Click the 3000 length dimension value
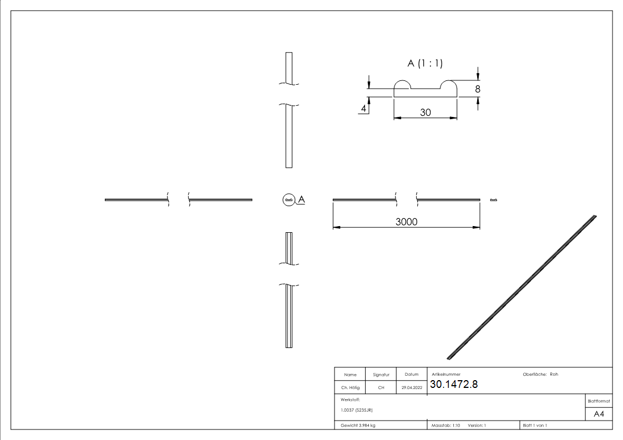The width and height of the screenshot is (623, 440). coord(406,222)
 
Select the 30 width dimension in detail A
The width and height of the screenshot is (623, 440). coord(426,112)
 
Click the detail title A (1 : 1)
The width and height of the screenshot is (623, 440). coord(425,63)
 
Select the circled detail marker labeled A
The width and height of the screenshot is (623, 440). coord(288,199)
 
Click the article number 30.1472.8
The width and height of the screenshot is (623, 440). coord(453,385)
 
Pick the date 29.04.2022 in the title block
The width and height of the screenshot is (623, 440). coord(412,388)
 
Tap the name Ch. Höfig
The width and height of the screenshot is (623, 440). coord(350,388)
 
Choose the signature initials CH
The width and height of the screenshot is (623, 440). coord(381,388)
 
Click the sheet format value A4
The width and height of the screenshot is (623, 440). coord(599,413)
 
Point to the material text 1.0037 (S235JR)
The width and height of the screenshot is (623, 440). coord(356,410)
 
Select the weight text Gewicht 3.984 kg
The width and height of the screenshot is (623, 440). coord(358,425)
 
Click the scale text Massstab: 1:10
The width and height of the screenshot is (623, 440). coord(446,425)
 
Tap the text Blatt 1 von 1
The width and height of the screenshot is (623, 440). coord(535,425)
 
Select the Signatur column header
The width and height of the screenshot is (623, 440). coord(381,375)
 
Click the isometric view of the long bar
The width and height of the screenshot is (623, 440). coord(521,286)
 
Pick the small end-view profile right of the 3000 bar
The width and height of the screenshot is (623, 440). coord(493,200)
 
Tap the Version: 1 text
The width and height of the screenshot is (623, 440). coord(477,425)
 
